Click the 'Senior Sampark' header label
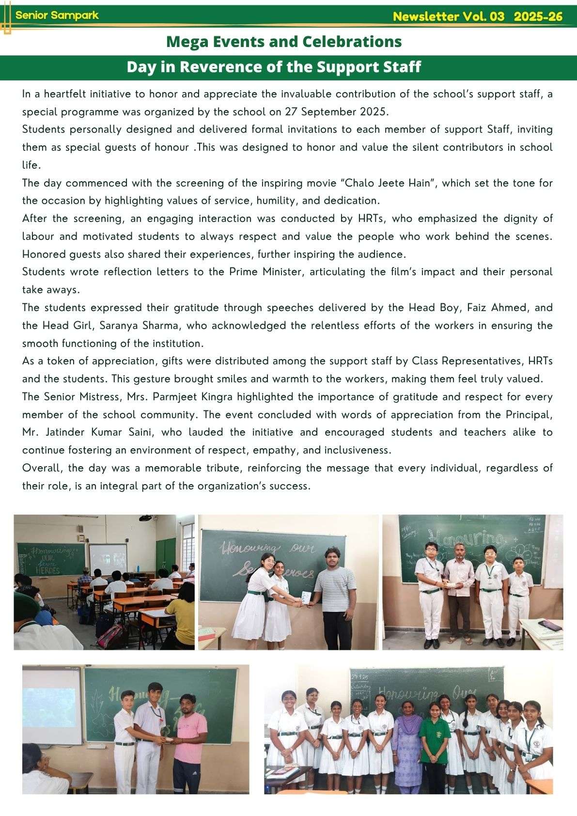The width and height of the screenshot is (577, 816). pos(57,15)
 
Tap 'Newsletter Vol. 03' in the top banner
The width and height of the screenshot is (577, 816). pos(449,17)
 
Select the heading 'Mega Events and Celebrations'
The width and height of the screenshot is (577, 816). pos(283,42)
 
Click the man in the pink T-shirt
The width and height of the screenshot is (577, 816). pos(190,741)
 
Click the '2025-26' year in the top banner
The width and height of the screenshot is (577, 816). pos(538,17)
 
